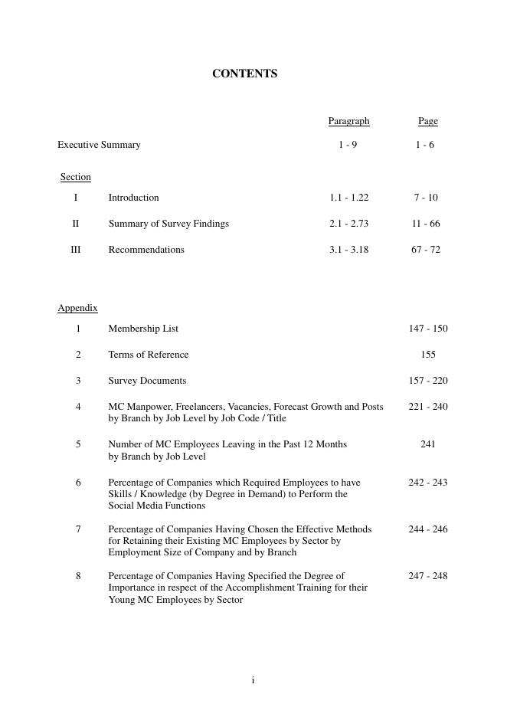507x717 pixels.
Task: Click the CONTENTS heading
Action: coord(244,74)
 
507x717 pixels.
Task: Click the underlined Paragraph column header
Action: coord(348,121)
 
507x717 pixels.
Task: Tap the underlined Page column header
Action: coord(427,121)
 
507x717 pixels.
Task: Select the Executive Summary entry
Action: coord(99,145)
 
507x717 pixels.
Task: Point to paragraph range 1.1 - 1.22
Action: coord(348,198)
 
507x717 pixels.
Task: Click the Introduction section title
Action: coord(133,198)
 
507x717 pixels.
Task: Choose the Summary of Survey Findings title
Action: coord(168,224)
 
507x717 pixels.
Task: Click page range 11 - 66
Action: coord(425,224)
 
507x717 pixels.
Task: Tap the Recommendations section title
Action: coord(146,250)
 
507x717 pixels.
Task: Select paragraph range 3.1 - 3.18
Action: coord(348,250)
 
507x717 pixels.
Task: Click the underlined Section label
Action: coord(76,177)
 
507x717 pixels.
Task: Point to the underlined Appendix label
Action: coord(77,308)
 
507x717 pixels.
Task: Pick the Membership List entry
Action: coord(143,329)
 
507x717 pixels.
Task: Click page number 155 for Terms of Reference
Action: coord(428,355)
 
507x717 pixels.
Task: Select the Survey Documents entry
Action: coord(147,381)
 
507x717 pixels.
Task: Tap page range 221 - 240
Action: coord(427,407)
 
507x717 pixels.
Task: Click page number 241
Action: coord(428,444)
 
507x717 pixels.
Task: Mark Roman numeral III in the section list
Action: coord(76,250)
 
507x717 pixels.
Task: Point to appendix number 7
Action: coord(78,529)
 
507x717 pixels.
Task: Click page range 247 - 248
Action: coord(427,576)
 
